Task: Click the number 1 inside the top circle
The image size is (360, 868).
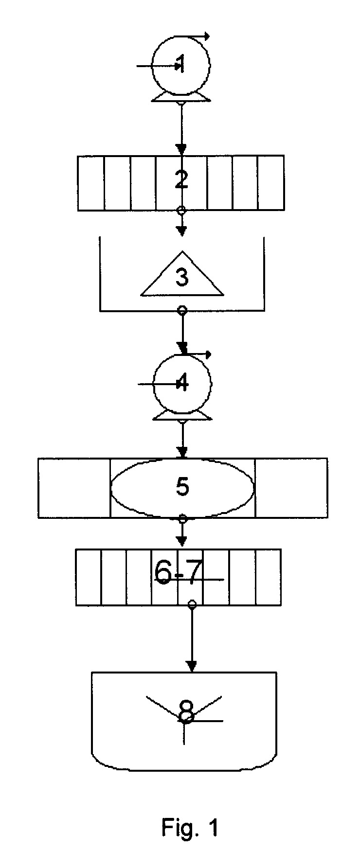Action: [x=181, y=64]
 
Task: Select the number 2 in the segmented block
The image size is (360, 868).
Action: [x=181, y=179]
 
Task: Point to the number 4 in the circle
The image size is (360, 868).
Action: [x=182, y=384]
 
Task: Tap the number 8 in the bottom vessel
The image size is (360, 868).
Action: [x=186, y=711]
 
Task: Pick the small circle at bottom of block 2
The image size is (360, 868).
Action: [x=181, y=211]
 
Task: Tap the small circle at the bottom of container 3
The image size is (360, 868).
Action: [x=182, y=310]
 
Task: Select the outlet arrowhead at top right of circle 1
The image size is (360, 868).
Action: [x=207, y=36]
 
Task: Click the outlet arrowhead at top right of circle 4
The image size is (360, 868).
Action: [x=208, y=354]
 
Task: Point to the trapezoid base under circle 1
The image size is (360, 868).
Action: [x=181, y=98]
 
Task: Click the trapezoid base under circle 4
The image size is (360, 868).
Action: [x=182, y=417]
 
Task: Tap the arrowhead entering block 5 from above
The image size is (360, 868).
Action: [x=182, y=453]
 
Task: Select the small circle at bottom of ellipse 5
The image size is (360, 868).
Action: [x=182, y=518]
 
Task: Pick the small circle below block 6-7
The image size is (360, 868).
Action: [x=192, y=603]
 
